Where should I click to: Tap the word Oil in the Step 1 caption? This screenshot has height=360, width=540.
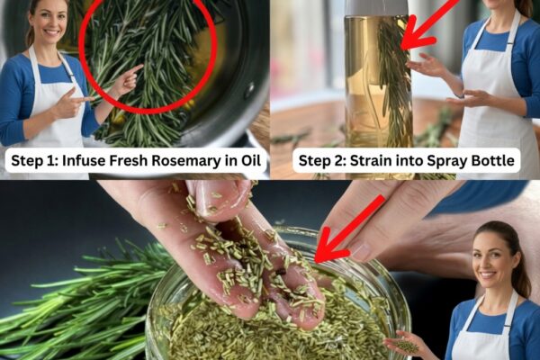coord(250,160)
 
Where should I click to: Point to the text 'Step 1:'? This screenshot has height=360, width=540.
coord(34,161)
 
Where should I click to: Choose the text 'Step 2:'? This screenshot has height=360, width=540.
coord(322,161)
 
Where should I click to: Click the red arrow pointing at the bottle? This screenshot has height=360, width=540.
coord(428,25)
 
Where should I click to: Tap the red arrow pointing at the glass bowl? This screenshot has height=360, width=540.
coord(347,230)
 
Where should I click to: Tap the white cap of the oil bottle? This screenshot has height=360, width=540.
coord(376,7)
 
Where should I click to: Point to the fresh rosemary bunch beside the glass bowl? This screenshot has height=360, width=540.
coord(83,303)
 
